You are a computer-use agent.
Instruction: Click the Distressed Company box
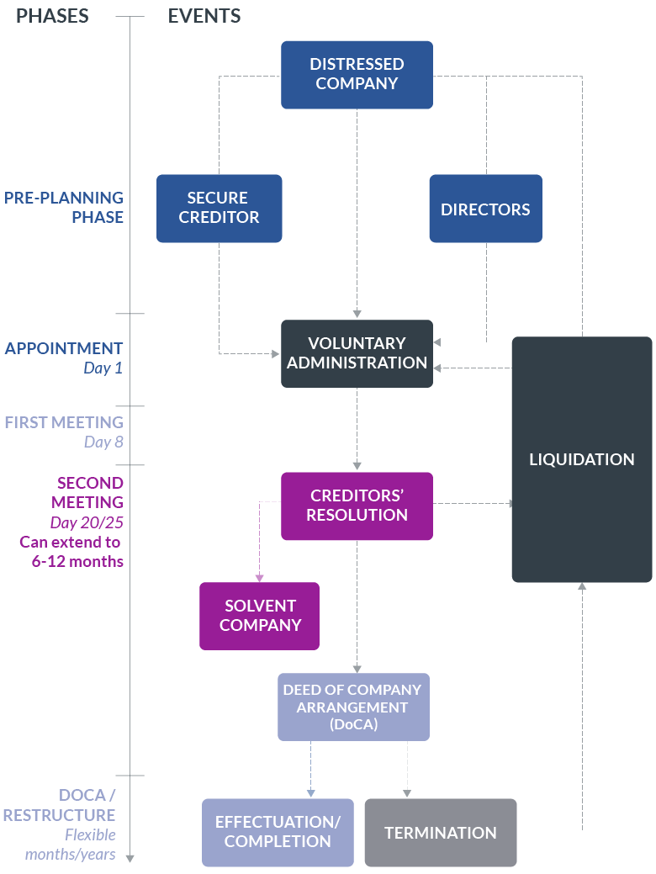(357, 74)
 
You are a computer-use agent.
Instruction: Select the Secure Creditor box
(219, 208)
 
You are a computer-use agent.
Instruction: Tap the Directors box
(485, 209)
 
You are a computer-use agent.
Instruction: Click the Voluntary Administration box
(357, 353)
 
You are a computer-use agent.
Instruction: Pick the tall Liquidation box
(581, 459)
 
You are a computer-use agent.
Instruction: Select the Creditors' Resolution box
(357, 506)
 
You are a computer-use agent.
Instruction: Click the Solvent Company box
(259, 616)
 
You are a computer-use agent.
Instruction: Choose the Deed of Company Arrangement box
(353, 707)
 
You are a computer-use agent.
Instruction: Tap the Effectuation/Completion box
(278, 832)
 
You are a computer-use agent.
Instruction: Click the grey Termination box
(440, 832)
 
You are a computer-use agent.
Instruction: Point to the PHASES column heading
(52, 16)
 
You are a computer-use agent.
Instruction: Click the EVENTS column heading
(204, 16)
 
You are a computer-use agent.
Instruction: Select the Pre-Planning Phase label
(64, 207)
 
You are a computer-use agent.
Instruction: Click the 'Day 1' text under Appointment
(103, 368)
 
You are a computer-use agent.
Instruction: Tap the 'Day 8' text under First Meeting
(103, 442)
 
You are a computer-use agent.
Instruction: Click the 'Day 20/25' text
(87, 523)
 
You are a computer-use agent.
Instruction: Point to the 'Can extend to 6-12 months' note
(71, 552)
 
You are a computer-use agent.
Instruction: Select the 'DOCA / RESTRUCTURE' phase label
(61, 805)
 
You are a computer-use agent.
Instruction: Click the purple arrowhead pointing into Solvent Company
(259, 578)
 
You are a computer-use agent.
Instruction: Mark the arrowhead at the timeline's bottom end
(130, 857)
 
